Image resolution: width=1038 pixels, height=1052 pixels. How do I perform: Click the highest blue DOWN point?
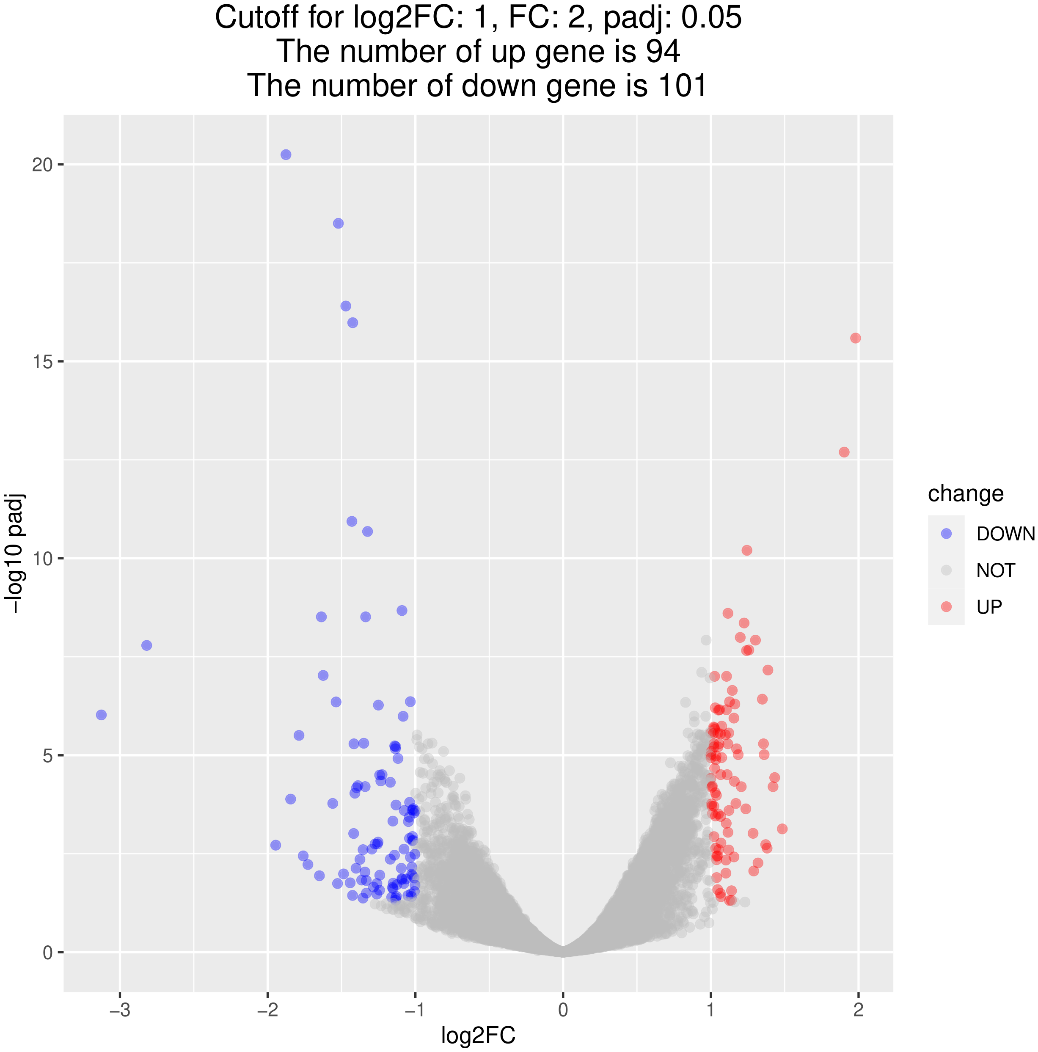(285, 154)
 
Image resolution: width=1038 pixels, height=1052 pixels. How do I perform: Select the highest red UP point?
(856, 338)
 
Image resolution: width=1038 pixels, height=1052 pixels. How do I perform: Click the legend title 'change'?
(966, 493)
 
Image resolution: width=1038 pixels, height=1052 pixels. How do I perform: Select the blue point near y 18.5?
(338, 223)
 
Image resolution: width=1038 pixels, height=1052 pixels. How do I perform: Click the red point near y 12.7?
(844, 452)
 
